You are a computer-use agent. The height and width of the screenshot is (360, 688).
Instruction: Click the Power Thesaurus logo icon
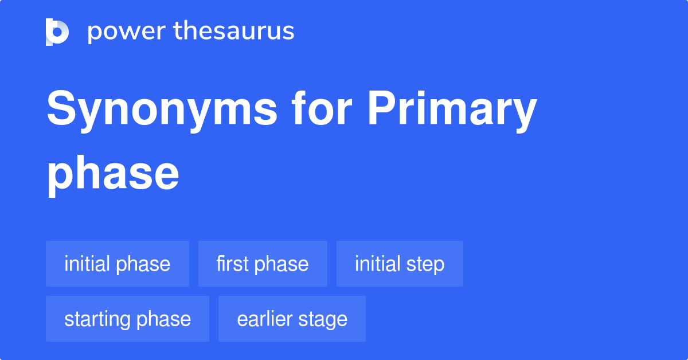57,32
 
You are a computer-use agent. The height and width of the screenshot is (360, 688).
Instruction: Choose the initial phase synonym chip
118,264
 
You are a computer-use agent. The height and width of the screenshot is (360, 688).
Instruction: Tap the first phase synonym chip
263,264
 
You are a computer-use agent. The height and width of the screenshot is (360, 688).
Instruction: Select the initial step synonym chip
400,264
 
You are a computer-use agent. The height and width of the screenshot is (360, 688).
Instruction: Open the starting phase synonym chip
127,319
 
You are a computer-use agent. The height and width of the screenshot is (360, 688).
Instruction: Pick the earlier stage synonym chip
292,319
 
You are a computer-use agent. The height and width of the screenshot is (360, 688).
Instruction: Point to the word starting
97,319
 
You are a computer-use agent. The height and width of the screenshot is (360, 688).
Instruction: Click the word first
232,264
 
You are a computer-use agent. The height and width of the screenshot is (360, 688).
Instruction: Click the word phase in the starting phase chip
165,319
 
